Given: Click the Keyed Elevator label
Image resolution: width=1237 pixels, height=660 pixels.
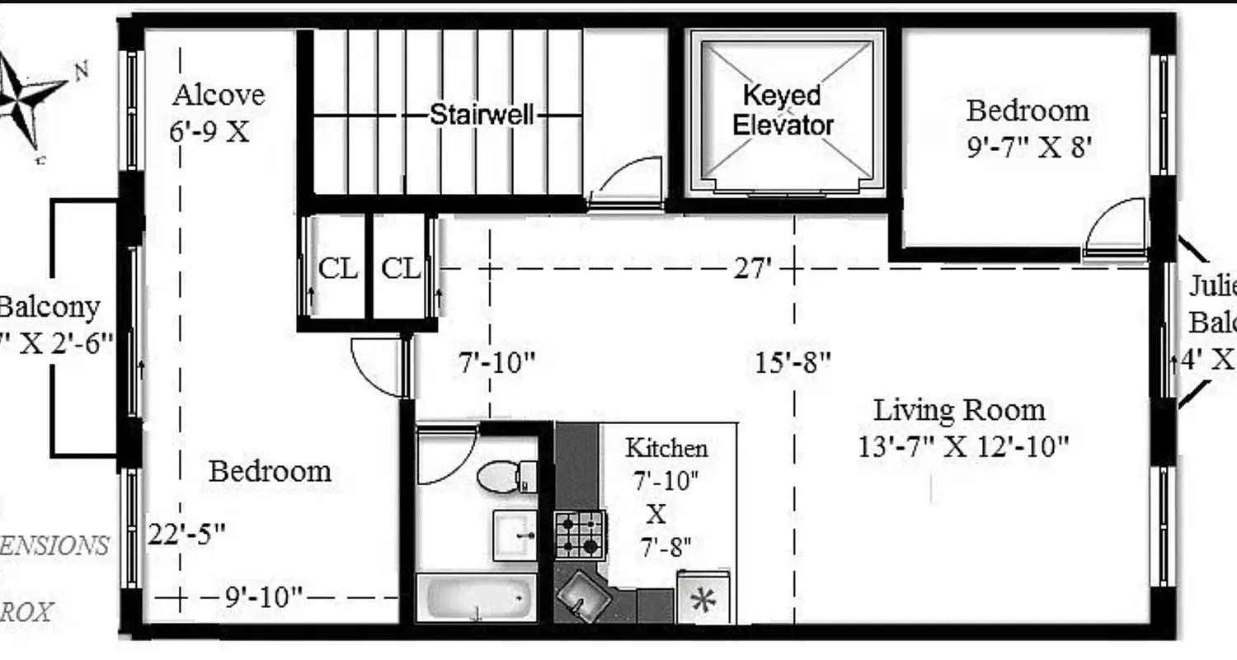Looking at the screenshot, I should pos(783,111).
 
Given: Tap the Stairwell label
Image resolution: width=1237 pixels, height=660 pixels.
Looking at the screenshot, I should pos(482,115).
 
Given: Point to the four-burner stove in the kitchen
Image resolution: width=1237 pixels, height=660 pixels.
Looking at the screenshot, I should pos(579,535).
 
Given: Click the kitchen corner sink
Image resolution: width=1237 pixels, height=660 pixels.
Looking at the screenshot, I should pos(583,595).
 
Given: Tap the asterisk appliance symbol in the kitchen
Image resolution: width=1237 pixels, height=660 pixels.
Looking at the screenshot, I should pos(703,600).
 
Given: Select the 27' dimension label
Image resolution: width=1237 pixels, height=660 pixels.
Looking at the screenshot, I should pos(751,268).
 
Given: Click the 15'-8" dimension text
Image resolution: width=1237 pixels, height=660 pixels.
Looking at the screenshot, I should pos(793,362).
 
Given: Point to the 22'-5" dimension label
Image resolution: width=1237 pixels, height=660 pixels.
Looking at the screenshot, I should pos(187,534).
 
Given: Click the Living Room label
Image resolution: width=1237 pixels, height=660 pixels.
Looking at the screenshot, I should pos(959,410).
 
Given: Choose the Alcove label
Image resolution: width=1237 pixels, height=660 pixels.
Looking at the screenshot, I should pos(219,95).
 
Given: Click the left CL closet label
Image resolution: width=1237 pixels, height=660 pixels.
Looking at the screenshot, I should pos(338,268).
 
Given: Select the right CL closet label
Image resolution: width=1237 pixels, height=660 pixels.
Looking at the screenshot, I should pos(401,268).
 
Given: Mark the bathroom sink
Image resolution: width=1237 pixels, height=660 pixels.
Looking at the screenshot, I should pos(515,535).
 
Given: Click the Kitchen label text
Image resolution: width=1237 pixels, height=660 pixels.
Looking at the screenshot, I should pos(666,448).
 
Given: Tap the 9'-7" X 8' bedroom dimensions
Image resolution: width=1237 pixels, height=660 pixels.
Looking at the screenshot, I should pos(1030,148).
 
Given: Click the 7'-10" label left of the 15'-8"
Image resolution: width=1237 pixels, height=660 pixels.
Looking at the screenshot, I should pos(496,362).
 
